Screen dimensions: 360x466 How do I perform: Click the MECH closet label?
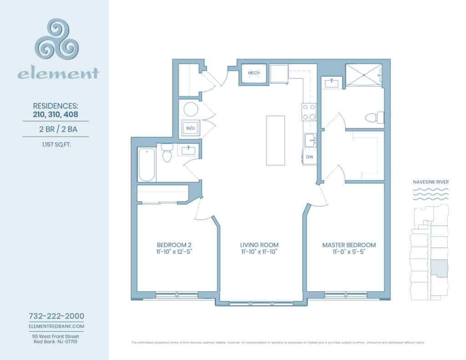253,73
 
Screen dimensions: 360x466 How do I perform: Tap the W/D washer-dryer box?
190,128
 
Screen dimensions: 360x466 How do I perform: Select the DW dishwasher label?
310,157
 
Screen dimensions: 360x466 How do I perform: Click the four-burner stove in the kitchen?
309,112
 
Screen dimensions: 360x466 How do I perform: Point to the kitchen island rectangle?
276,141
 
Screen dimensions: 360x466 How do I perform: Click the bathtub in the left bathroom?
147,164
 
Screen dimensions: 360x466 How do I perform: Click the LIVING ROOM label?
259,245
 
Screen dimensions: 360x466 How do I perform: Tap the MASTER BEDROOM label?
349,245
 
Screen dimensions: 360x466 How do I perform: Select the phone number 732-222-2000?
56,316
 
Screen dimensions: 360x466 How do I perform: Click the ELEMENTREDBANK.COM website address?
56,326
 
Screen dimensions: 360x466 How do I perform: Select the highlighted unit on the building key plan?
439,268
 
